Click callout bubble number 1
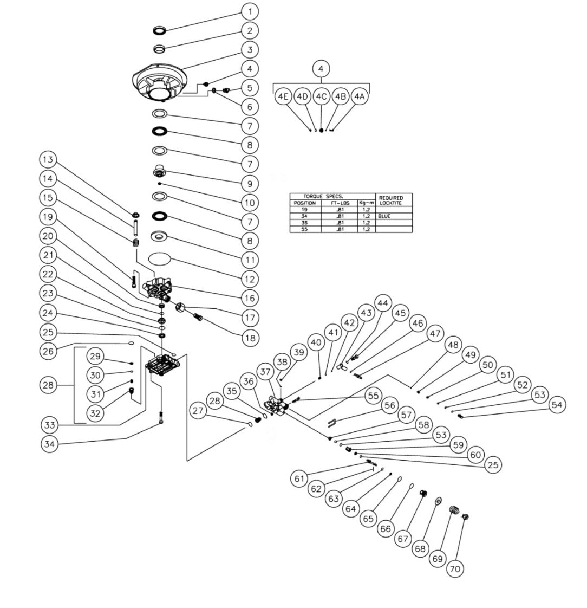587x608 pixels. (250, 11)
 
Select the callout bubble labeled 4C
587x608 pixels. (321, 96)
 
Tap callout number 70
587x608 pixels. (455, 569)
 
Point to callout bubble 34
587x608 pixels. (49, 444)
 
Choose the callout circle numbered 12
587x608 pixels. (250, 279)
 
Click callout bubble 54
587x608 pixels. (558, 404)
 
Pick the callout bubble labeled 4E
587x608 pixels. (282, 96)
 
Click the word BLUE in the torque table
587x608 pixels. (384, 216)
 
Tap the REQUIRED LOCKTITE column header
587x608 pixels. (391, 200)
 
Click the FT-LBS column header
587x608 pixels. (341, 203)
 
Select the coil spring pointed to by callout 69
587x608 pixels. (455, 510)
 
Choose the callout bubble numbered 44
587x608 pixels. (383, 302)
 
